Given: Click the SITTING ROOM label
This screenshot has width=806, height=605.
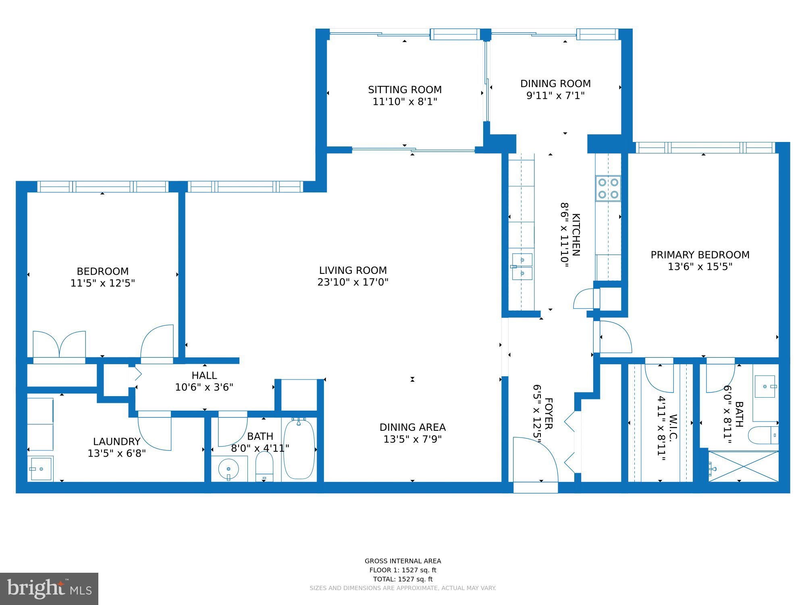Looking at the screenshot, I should pos(405,90).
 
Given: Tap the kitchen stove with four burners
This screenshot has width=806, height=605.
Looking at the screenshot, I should pos(608,188).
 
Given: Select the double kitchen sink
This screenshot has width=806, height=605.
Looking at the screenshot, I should pos(522,267).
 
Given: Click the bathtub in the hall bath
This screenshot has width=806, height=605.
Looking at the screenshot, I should pos(299,449).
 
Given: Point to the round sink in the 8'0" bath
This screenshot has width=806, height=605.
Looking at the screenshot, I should pos(229,469).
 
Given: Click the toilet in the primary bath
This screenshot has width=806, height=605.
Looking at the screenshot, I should pos(762,435).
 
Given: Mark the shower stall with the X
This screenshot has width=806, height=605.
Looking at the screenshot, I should pos(744,466).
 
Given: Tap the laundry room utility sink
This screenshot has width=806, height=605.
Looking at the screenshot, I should pos(40,469).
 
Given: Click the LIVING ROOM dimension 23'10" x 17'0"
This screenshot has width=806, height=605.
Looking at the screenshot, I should pos(353,282).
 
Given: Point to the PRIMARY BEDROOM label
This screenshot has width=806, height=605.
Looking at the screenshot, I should pos(700,255).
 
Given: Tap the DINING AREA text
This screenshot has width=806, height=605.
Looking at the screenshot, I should pos(412,427).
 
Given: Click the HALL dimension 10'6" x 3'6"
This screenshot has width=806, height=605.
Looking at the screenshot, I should pos(204,387).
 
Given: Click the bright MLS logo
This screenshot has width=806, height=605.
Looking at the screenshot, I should pos(49,589).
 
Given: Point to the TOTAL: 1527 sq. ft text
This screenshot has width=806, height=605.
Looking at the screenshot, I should pos(403,579).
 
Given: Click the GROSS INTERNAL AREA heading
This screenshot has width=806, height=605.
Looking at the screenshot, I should pos(403,561).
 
